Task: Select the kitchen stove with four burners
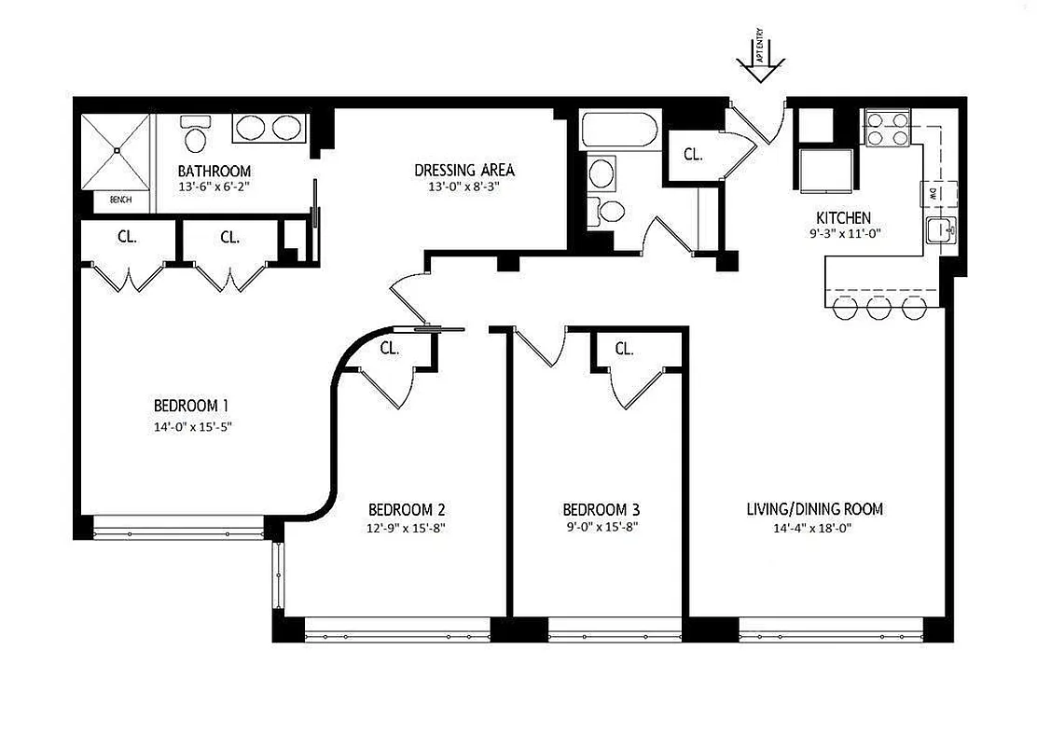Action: tap(888, 128)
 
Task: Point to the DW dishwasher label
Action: tap(932, 194)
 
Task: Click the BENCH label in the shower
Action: tap(120, 200)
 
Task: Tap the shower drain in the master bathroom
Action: tap(117, 149)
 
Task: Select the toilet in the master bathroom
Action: tap(196, 135)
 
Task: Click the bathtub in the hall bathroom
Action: tap(620, 131)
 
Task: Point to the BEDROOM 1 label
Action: tap(191, 406)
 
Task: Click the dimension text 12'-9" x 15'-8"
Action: tap(407, 527)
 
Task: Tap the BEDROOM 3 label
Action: tap(601, 509)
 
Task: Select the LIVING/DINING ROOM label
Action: tap(814, 509)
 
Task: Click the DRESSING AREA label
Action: tap(464, 170)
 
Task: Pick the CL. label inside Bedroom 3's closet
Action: tap(625, 350)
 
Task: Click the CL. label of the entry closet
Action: tap(693, 154)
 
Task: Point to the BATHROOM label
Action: tap(214, 172)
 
